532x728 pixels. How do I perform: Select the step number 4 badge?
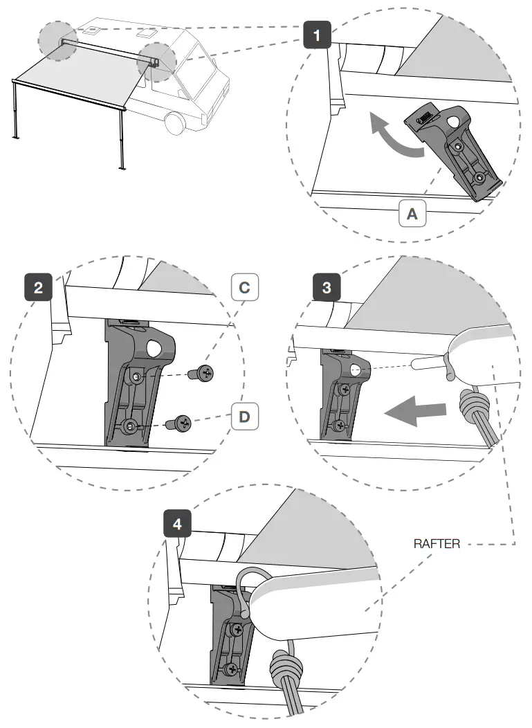pos(178,525)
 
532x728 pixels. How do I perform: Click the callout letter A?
pos(412,215)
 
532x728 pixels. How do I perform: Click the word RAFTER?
pos(437,543)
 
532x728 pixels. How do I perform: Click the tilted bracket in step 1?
pos(457,148)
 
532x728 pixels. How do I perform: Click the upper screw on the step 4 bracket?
pos(237,630)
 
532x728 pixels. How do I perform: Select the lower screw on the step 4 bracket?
pos(232,668)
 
